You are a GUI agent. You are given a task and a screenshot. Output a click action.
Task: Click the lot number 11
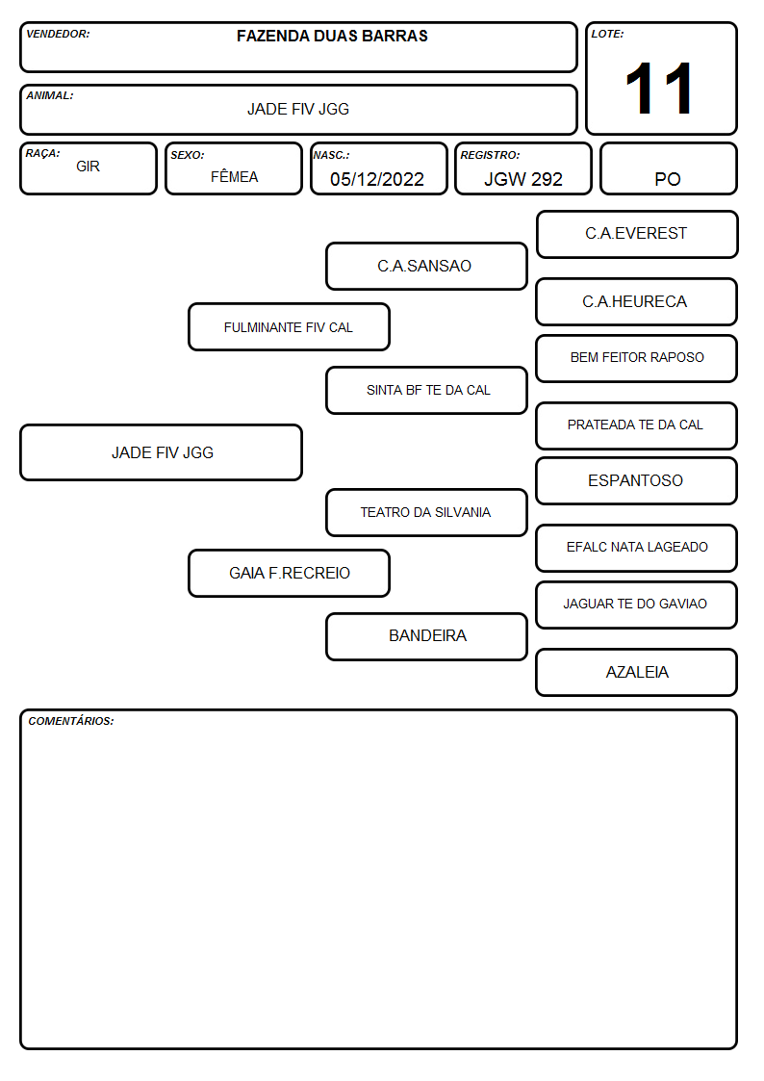pyautogui.click(x=658, y=89)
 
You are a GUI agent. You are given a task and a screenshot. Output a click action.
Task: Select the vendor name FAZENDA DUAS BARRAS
pyautogui.click(x=332, y=36)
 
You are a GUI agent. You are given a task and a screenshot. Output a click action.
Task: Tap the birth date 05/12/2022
pyautogui.click(x=377, y=179)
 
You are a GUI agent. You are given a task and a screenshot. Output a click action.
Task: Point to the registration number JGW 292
pyautogui.click(x=523, y=179)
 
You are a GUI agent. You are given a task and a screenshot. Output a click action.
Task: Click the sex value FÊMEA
pyautogui.click(x=234, y=176)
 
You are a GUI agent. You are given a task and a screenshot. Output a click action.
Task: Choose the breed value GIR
pyautogui.click(x=89, y=167)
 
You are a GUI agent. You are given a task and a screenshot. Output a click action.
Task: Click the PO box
pyautogui.click(x=668, y=168)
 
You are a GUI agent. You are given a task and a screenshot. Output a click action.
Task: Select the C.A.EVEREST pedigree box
pyautogui.click(x=637, y=235)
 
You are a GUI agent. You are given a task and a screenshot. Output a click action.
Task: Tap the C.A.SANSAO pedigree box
pyautogui.click(x=426, y=266)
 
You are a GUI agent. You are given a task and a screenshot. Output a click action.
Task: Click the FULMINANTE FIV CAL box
pyautogui.click(x=289, y=326)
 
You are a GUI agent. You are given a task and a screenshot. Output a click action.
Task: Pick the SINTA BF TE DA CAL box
pyautogui.click(x=426, y=390)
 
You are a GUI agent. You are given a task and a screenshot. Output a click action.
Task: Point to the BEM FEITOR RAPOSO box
pyautogui.click(x=637, y=358)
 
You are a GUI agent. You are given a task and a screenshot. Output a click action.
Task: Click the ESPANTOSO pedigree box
pyautogui.click(x=637, y=480)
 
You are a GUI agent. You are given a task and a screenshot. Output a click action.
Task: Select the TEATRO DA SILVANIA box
pyautogui.click(x=426, y=512)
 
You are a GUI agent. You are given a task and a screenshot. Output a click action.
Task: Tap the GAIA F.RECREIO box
pyautogui.click(x=289, y=573)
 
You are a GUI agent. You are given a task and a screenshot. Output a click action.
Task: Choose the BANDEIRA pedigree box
pyautogui.click(x=426, y=636)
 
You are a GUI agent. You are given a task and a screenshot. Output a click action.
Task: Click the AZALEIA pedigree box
pyautogui.click(x=637, y=672)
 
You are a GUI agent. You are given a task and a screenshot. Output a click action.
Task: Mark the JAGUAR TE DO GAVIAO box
pyautogui.click(x=637, y=605)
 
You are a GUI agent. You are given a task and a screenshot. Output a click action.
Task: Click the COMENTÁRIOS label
pyautogui.click(x=71, y=721)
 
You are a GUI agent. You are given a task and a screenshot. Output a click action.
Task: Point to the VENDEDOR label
pyautogui.click(x=58, y=34)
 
